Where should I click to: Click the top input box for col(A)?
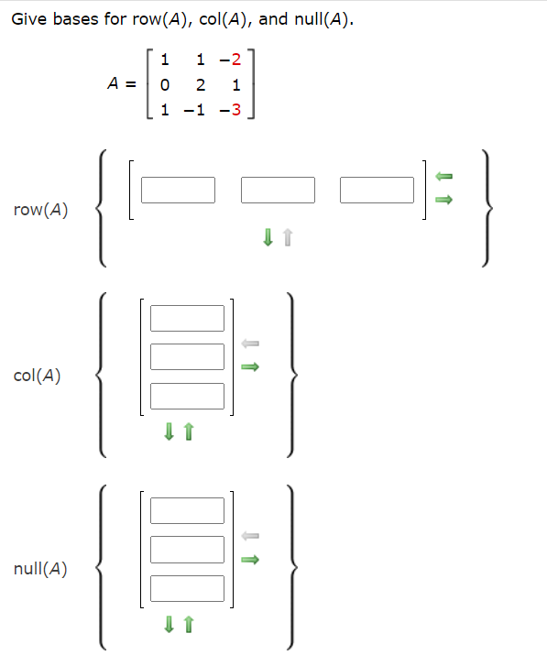pyautogui.click(x=187, y=318)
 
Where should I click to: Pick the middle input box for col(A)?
pyautogui.click(x=187, y=356)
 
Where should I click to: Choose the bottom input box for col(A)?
pyautogui.click(x=187, y=396)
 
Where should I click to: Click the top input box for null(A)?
pyautogui.click(x=187, y=510)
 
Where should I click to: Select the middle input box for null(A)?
pyautogui.click(x=187, y=550)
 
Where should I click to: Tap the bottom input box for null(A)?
pyautogui.click(x=187, y=588)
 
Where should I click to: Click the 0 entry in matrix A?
pyautogui.click(x=164, y=85)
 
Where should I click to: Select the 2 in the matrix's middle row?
pyautogui.click(x=201, y=85)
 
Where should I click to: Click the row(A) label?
pyautogui.click(x=41, y=210)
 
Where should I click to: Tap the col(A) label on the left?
pyautogui.click(x=38, y=375)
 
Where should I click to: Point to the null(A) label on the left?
pyautogui.click(x=41, y=568)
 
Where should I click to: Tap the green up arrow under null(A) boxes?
pyautogui.click(x=189, y=625)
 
